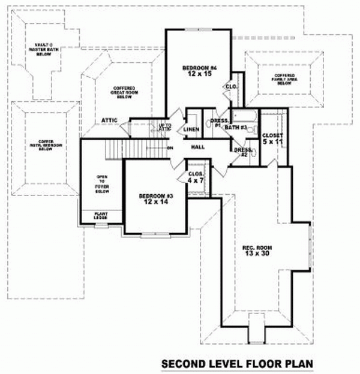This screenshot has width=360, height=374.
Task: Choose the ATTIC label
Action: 109,119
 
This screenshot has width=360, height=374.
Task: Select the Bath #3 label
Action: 236,128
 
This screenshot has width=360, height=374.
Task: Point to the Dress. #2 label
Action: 242,152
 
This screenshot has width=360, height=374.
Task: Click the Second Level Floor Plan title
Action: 237,363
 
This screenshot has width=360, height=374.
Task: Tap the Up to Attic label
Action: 166,128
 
